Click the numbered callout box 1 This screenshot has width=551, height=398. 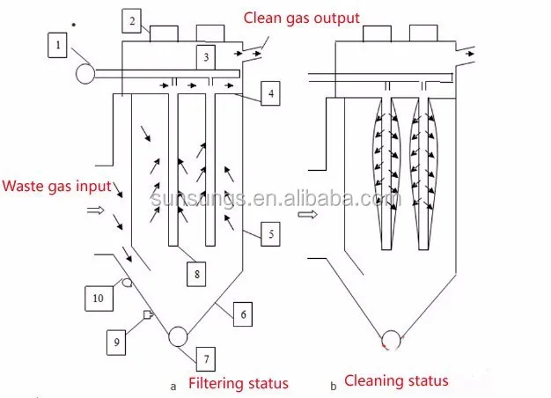(x=58, y=41)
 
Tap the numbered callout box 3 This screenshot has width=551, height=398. (x=206, y=57)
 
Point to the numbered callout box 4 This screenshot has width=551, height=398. (x=270, y=93)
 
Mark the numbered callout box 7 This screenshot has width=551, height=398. (x=206, y=358)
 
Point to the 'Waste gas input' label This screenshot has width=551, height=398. (x=57, y=186)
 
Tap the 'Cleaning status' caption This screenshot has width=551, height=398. (x=396, y=381)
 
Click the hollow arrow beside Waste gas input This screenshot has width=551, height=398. (x=96, y=210)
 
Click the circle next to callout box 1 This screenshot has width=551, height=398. (x=85, y=73)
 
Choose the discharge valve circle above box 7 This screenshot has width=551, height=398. (x=177, y=335)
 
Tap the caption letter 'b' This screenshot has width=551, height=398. (x=333, y=385)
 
